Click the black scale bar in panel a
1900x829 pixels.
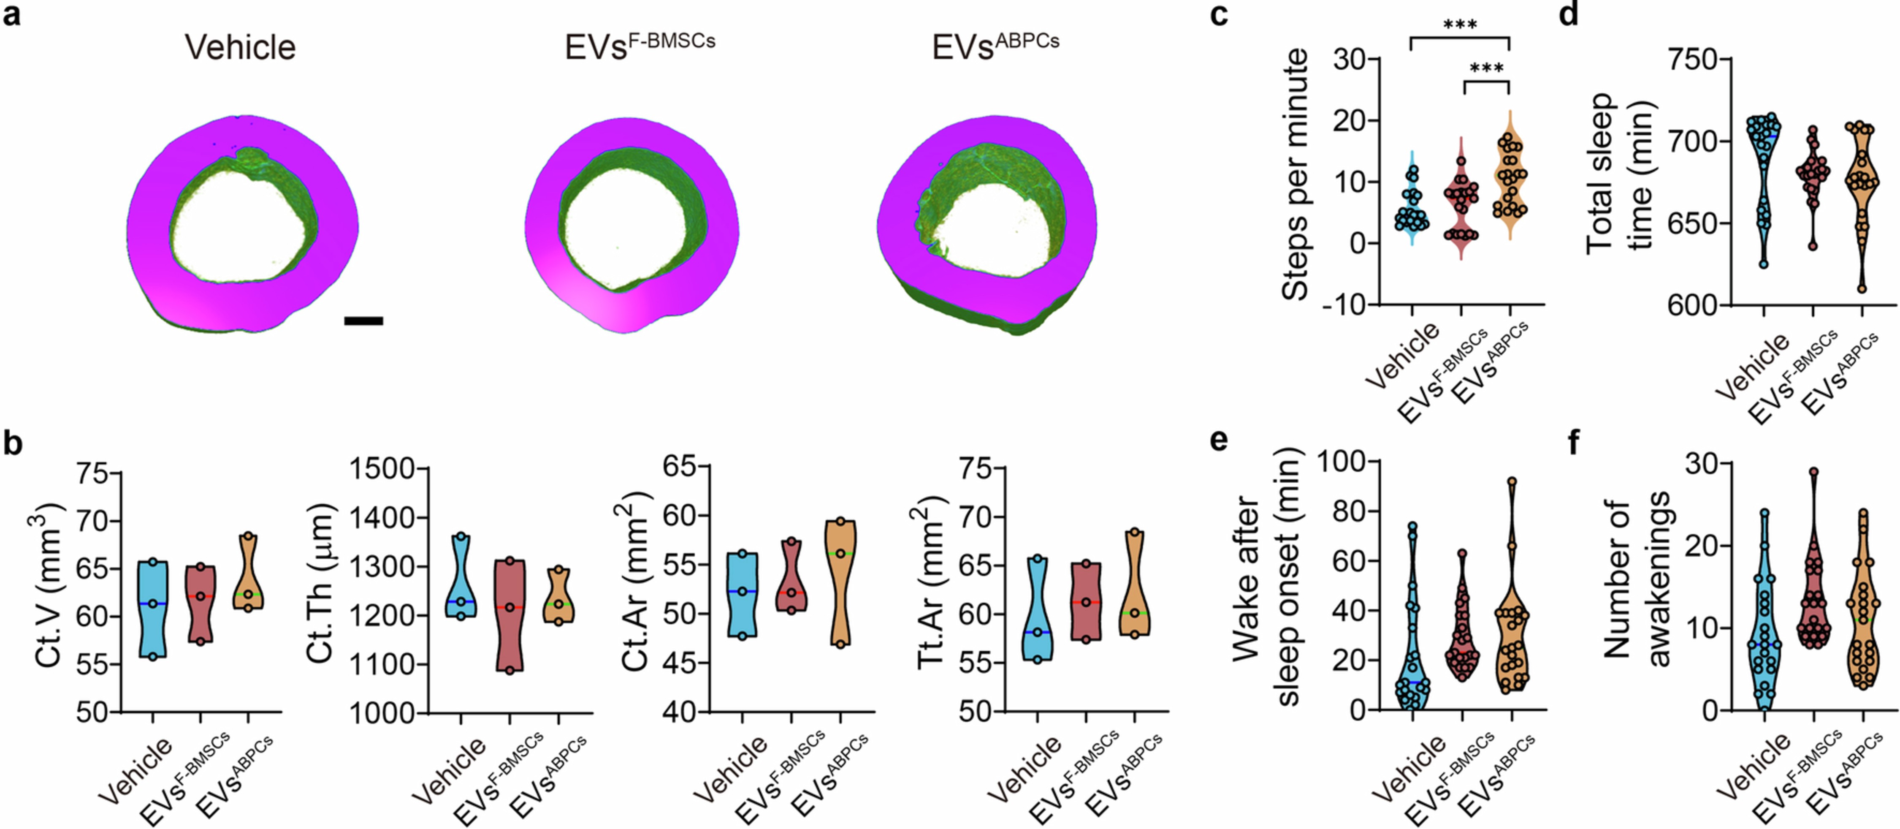pyautogui.click(x=363, y=321)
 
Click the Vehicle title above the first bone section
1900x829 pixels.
pyautogui.click(x=241, y=47)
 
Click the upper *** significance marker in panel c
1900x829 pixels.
pyautogui.click(x=1460, y=25)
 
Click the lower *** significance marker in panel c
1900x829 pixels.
pyautogui.click(x=1486, y=69)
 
